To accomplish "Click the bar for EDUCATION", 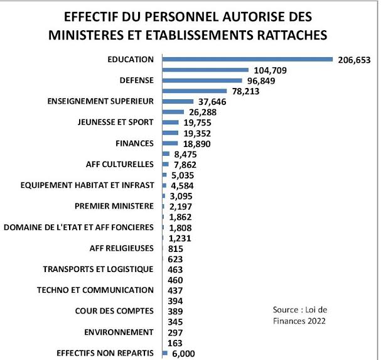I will coord(247,60).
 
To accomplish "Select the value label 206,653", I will coord(355,60).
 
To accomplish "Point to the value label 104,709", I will coord(268,70).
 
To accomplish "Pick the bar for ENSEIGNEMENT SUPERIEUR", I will coord(178,101).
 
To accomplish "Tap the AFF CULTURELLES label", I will coord(120,164).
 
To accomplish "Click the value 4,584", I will coord(183,185).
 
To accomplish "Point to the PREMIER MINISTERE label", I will coord(114,206).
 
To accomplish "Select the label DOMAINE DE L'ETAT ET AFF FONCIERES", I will coord(78,227).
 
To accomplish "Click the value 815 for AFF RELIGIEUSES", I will coord(178,248).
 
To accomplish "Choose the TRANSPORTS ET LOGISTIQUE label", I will coord(98,269).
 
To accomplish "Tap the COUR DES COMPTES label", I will coord(114,311).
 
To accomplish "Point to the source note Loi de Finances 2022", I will coord(300,315).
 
